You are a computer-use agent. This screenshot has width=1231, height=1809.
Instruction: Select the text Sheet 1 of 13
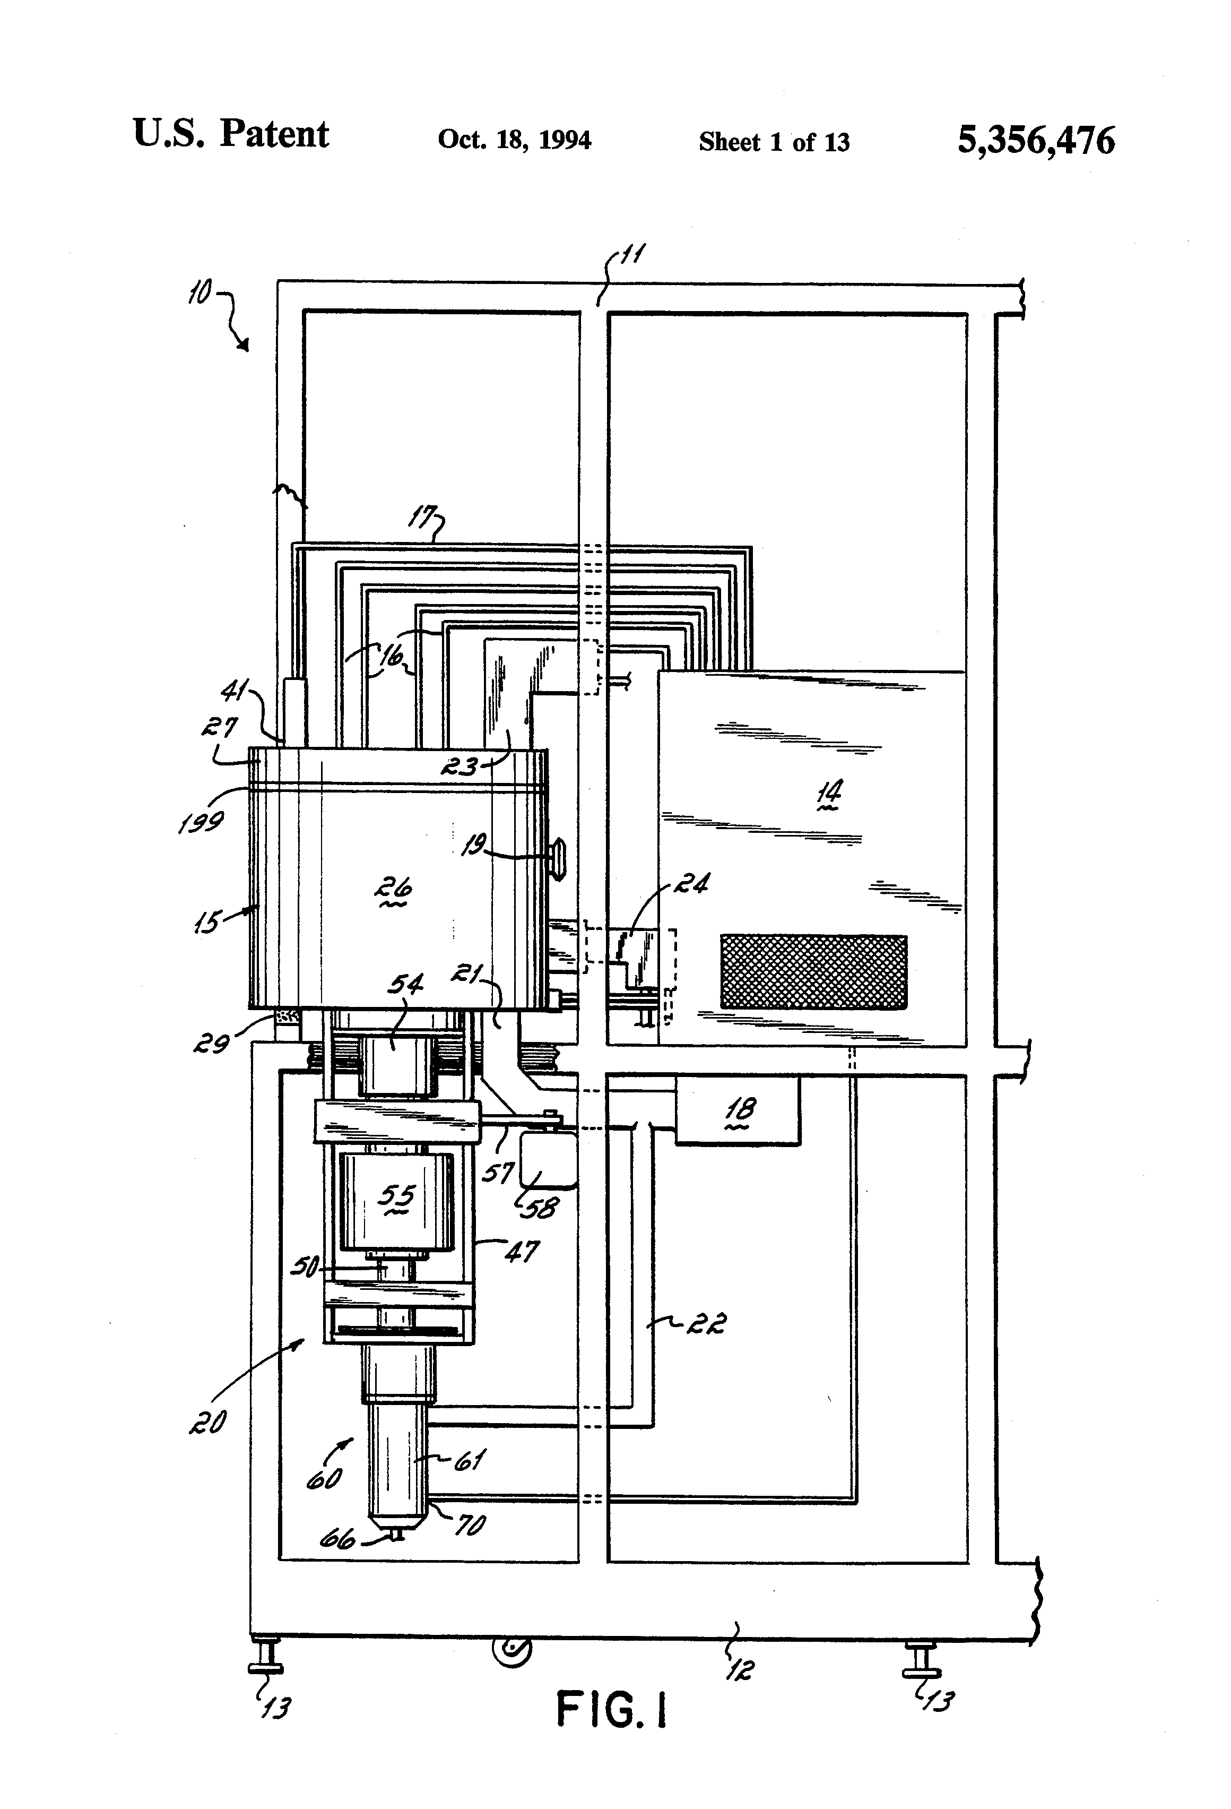coord(774,142)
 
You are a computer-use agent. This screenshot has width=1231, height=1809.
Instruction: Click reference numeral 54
coord(405,985)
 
